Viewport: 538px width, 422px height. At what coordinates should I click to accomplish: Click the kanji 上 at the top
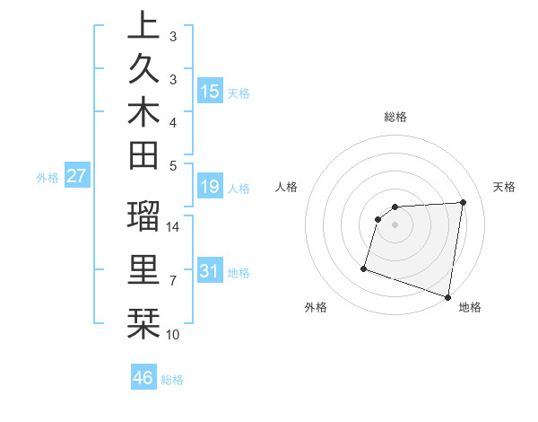pos(143,25)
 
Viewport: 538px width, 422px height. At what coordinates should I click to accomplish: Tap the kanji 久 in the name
pos(143,70)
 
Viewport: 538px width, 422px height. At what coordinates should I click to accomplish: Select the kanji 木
pos(143,115)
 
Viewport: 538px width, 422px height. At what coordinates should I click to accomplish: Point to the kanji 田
pos(143,158)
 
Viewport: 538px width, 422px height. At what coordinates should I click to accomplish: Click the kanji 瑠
pos(143,217)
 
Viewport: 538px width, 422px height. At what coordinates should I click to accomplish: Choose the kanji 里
pos(143,269)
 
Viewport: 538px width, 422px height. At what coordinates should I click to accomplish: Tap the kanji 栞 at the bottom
pos(143,321)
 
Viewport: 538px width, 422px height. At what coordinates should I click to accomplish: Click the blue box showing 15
pos(210,92)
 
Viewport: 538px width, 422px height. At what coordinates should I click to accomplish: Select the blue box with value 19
pos(210,187)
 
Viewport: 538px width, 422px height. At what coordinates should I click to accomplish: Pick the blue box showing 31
pos(210,271)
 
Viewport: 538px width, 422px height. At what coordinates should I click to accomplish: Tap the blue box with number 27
pos(77,176)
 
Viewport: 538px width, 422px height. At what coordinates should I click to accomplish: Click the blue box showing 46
pos(143,377)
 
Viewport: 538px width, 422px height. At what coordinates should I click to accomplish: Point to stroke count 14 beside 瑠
pos(173,227)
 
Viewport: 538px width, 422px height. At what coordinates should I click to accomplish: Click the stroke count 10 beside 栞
pos(173,335)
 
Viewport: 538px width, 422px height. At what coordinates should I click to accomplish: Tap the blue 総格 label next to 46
pos(173,380)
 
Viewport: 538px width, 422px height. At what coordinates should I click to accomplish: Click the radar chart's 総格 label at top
pos(395,117)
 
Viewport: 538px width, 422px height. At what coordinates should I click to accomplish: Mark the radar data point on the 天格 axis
pos(463,202)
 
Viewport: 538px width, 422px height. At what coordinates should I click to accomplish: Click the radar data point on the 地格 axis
pos(447,296)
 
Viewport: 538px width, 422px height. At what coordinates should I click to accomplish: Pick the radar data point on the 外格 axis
pos(364,268)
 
